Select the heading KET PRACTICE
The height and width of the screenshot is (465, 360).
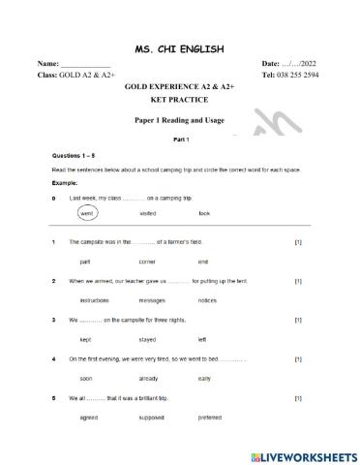click(x=180, y=99)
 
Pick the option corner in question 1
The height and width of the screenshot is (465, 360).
click(x=147, y=262)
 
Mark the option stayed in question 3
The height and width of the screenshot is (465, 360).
click(x=148, y=339)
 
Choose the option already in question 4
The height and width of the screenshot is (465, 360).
click(x=148, y=378)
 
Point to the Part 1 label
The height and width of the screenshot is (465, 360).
click(x=180, y=139)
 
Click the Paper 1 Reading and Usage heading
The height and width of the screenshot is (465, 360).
click(x=180, y=121)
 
